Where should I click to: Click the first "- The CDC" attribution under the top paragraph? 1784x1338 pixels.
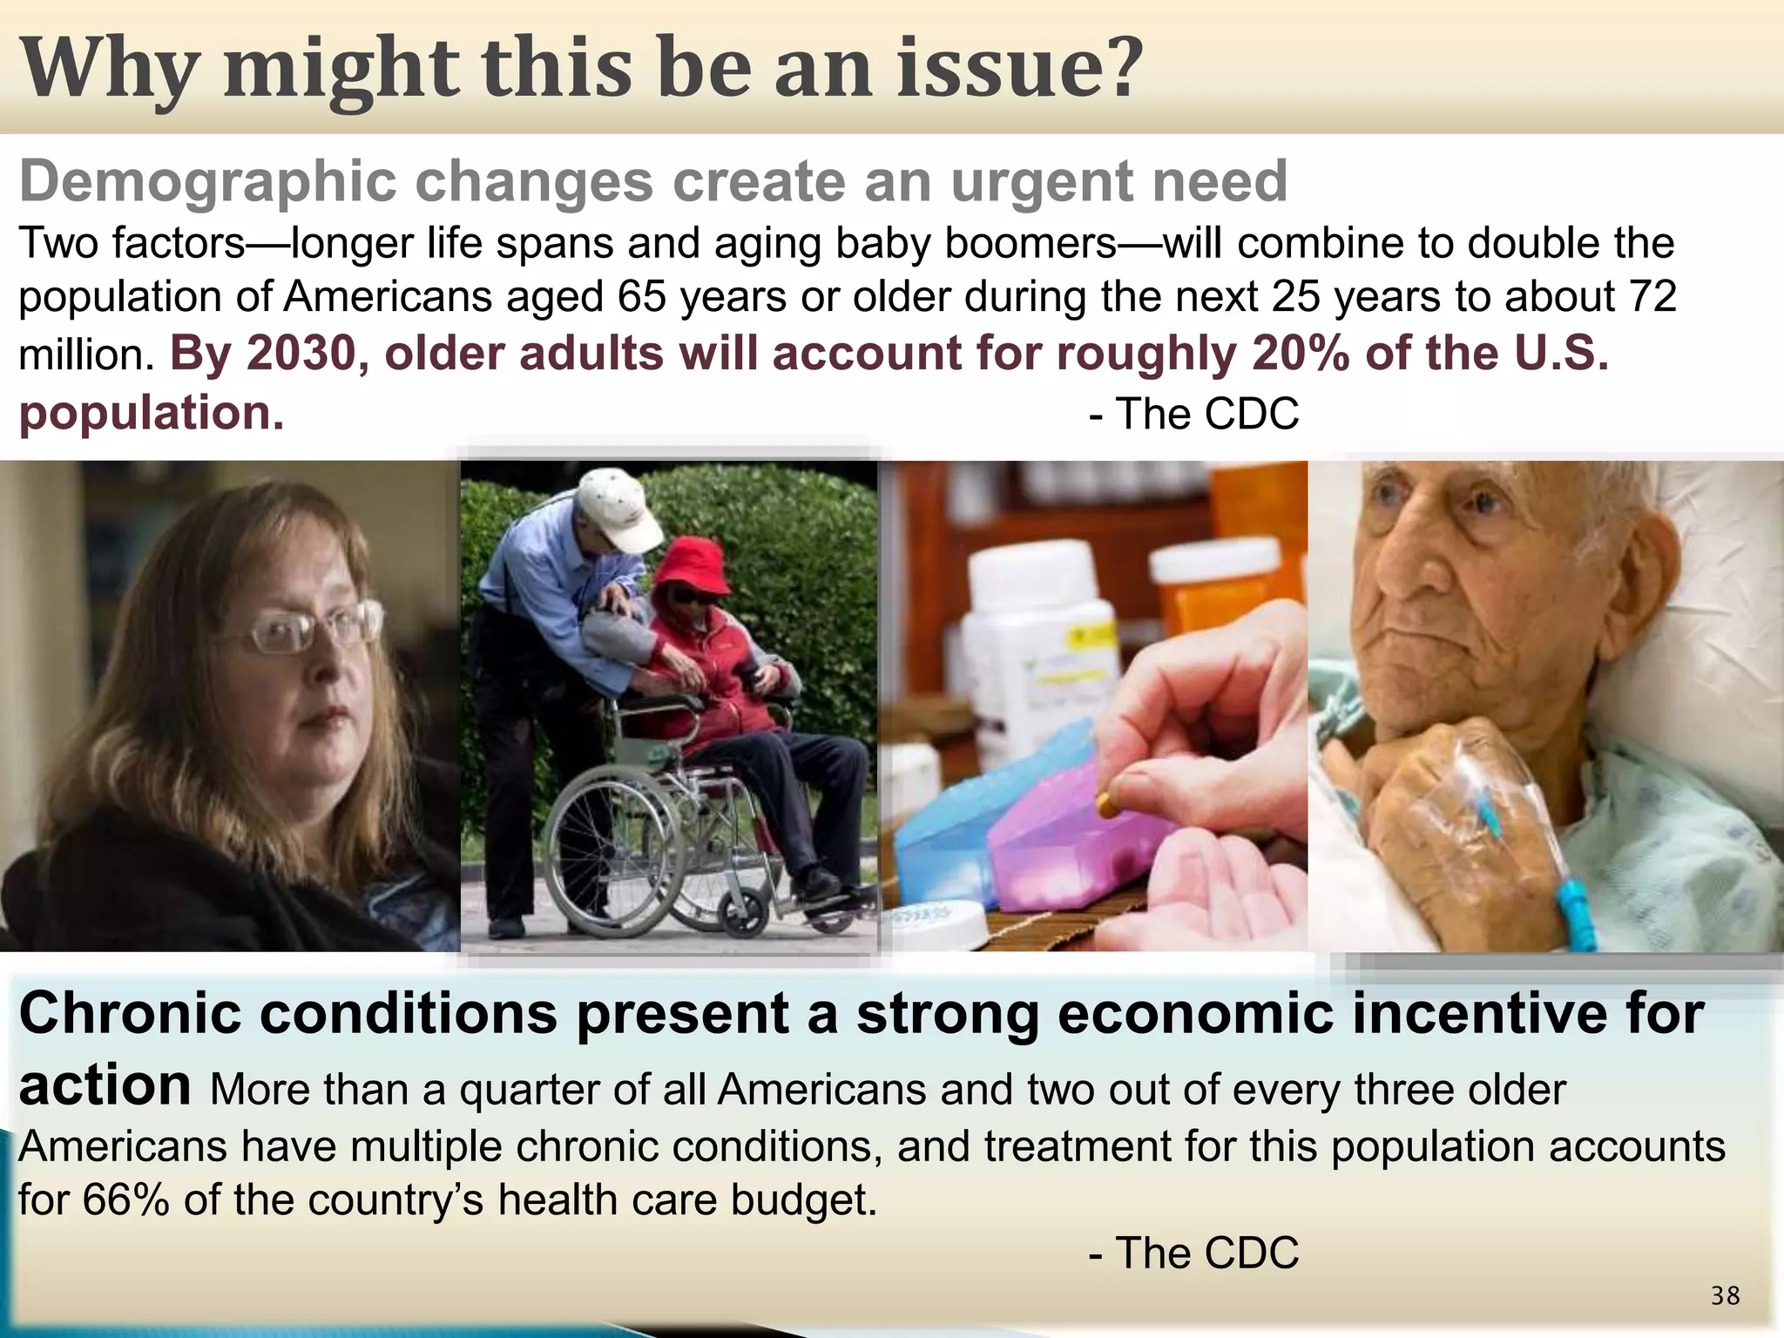pyautogui.click(x=1193, y=414)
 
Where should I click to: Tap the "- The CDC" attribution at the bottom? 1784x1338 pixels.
pyautogui.click(x=1193, y=1254)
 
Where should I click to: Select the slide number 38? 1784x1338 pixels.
pyautogui.click(x=1725, y=1296)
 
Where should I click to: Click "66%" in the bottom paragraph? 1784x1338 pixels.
pyautogui.click(x=126, y=1200)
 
